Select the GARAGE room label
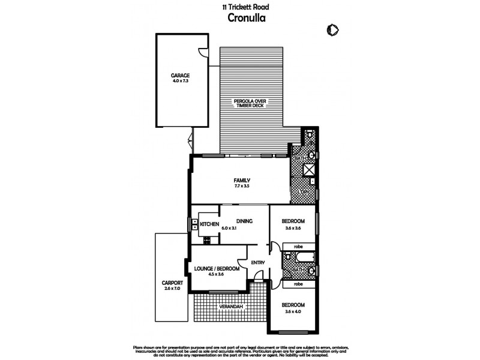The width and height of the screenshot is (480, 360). pos(180,76)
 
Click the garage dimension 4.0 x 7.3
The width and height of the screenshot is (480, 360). pos(180,81)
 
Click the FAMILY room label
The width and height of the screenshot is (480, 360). pos(242,181)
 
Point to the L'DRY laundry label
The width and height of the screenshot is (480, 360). pos(304,192)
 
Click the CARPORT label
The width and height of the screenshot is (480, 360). pos(172,283)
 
